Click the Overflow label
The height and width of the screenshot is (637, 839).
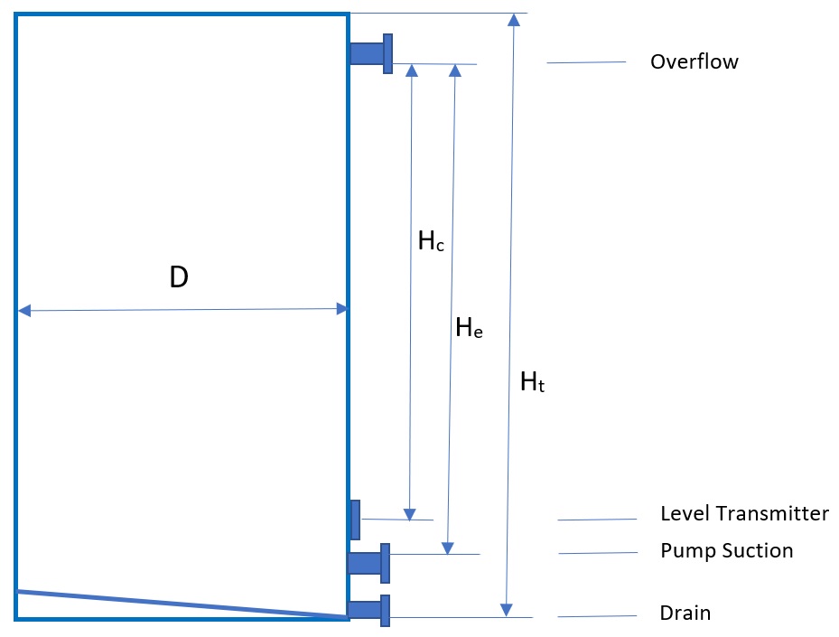(x=694, y=62)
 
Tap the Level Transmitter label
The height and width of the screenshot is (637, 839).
(x=744, y=514)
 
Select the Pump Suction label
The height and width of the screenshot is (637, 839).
(x=726, y=550)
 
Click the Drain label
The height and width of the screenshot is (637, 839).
(x=685, y=614)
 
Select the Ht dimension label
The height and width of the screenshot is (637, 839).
(x=533, y=382)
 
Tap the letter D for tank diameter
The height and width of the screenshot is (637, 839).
(x=179, y=278)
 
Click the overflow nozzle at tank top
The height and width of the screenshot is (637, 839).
(x=371, y=53)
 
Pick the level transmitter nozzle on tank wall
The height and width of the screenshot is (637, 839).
(x=355, y=520)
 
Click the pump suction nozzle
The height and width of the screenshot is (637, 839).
(x=369, y=563)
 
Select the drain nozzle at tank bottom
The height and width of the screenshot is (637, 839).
(x=369, y=610)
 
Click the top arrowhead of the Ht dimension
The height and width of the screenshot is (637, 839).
(x=514, y=20)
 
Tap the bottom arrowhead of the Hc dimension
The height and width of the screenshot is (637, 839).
(x=410, y=515)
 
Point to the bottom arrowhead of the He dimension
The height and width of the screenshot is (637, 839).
(x=447, y=548)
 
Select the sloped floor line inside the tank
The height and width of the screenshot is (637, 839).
(x=181, y=604)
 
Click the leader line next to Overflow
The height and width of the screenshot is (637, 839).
(x=586, y=62)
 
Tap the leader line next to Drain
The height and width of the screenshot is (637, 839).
(x=597, y=616)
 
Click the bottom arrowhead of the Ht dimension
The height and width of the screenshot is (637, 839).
(x=508, y=611)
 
